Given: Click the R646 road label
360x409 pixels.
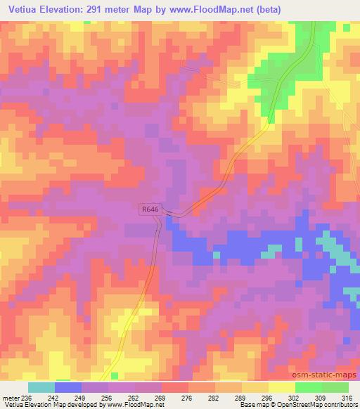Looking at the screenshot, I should [x=150, y=209].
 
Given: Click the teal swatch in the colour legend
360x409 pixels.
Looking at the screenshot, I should [x=41, y=387].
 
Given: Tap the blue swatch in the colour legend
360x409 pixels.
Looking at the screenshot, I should [x=68, y=387].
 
